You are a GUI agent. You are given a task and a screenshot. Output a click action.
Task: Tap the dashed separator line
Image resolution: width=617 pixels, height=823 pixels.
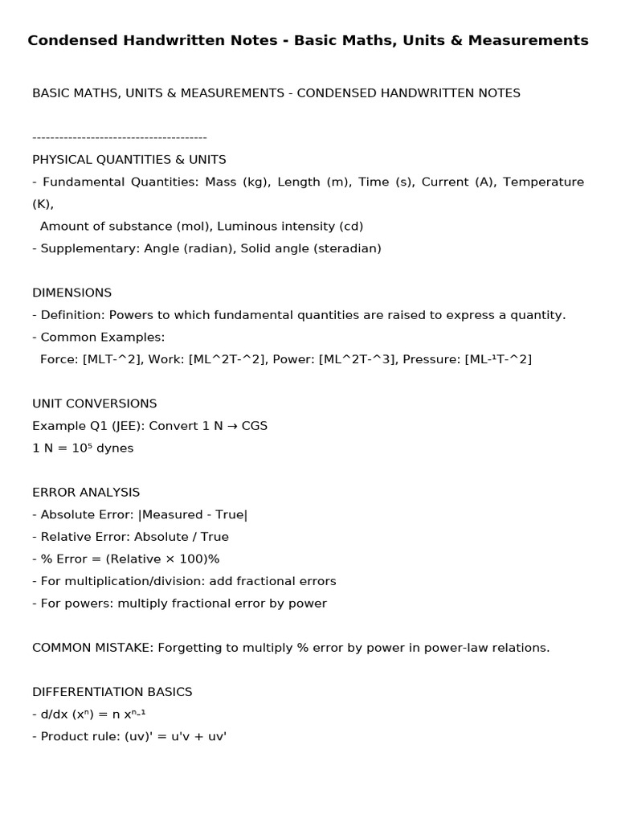(120, 137)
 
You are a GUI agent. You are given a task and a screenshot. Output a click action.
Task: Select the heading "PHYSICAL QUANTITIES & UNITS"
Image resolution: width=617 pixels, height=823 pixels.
(129, 159)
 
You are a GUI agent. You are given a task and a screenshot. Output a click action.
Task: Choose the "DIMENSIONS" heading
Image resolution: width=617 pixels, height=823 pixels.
(72, 293)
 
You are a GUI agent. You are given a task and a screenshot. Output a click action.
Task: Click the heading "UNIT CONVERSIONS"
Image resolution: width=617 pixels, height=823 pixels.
(95, 403)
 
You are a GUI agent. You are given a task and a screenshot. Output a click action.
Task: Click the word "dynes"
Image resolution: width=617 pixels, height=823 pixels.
(115, 448)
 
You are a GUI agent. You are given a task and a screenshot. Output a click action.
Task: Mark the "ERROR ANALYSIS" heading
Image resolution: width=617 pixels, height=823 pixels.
(86, 492)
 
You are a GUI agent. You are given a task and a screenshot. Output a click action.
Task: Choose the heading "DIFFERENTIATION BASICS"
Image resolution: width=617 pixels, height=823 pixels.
(112, 691)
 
